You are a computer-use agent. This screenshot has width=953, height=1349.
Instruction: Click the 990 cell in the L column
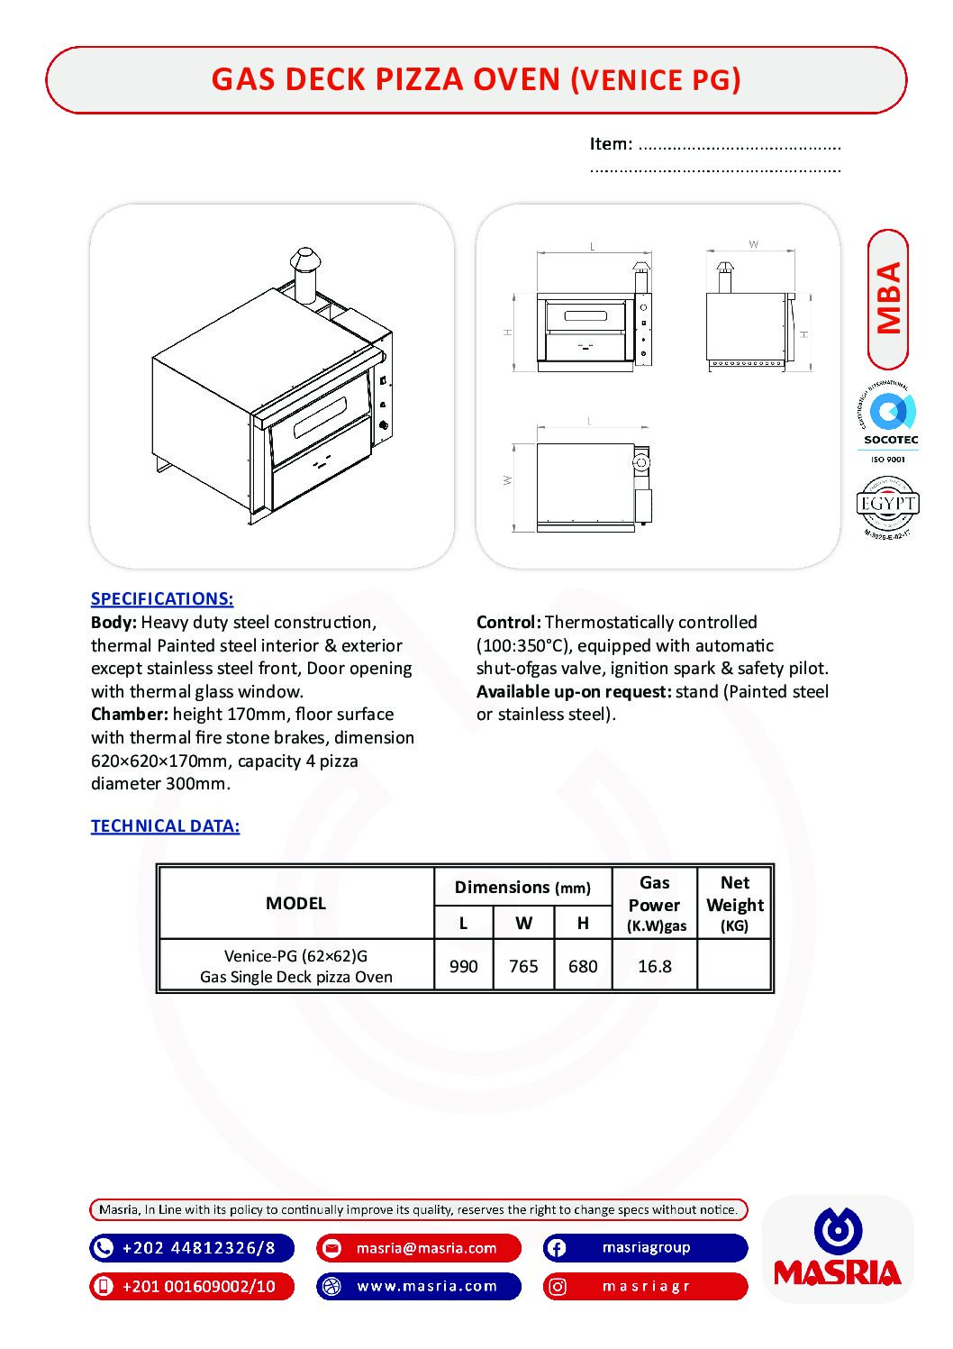point(463,966)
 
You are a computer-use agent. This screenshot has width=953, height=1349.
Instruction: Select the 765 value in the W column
point(523,966)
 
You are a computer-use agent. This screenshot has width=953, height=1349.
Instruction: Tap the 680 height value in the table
point(583,966)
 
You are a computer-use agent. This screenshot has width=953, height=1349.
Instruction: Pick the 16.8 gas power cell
point(655,966)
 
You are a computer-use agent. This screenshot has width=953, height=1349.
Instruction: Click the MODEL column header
point(295,903)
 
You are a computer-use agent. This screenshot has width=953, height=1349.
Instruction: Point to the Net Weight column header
point(734,902)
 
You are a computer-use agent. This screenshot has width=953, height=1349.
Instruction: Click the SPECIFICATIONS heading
point(162,598)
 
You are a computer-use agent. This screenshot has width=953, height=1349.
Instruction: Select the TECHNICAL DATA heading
point(165,825)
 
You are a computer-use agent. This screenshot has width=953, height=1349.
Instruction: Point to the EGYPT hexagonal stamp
point(888,505)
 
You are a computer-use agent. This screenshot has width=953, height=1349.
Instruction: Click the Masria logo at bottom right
point(838,1249)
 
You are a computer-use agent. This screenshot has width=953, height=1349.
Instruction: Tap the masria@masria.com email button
point(419,1248)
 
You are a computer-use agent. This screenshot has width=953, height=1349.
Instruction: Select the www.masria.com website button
point(419,1286)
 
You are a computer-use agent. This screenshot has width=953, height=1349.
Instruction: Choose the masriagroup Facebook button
point(645,1248)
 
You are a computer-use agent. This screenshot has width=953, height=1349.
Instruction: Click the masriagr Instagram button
point(645,1286)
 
